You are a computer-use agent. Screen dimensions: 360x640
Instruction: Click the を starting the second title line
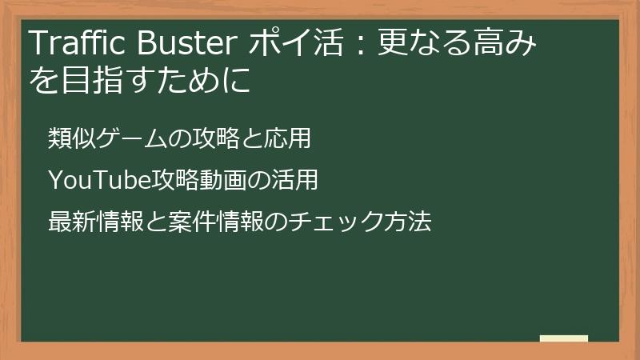(41, 81)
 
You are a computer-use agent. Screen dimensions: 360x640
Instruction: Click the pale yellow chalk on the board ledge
(564, 338)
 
